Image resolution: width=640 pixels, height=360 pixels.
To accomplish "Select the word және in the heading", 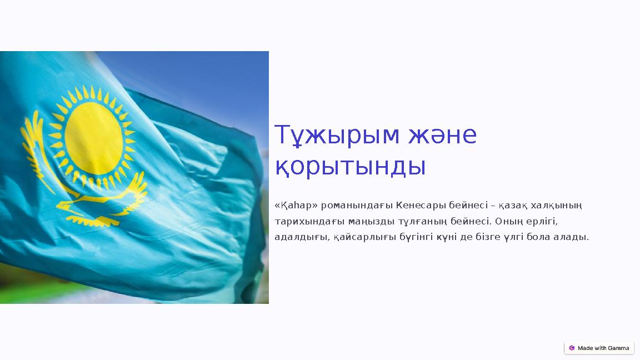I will pyautogui.click(x=442, y=136).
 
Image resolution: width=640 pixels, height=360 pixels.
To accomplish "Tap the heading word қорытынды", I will pyautogui.click(x=351, y=167).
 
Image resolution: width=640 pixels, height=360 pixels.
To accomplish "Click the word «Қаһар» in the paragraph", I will pyautogui.click(x=296, y=206).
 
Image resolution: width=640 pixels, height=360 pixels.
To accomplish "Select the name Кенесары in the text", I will pyautogui.click(x=417, y=206).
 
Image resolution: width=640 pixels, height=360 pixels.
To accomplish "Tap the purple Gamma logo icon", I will pyautogui.click(x=572, y=348).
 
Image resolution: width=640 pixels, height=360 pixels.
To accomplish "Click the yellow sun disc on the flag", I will pyautogui.click(x=93, y=138).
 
